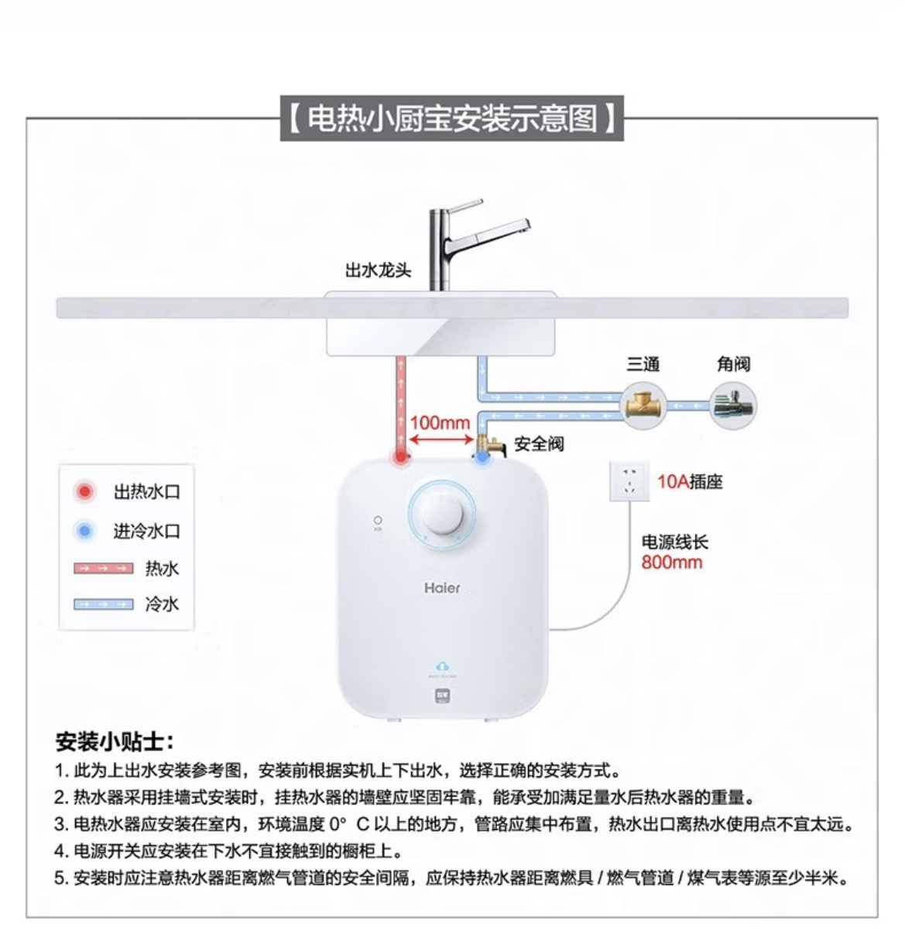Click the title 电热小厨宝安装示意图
click(x=452, y=119)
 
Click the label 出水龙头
click(x=378, y=270)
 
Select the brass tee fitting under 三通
click(x=643, y=405)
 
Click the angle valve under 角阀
click(x=733, y=406)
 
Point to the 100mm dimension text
click(x=440, y=422)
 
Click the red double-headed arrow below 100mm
click(x=441, y=439)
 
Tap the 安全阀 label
click(x=539, y=444)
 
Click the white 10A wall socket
click(x=629, y=480)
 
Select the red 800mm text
click(x=671, y=562)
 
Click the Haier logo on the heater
click(x=442, y=588)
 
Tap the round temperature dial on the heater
click(x=442, y=512)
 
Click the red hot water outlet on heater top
click(x=400, y=457)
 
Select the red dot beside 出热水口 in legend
click(x=84, y=491)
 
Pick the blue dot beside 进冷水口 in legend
click(x=84, y=531)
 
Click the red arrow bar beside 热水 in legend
click(x=104, y=569)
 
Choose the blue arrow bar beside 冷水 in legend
click(x=104, y=604)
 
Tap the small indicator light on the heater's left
click(x=378, y=521)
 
